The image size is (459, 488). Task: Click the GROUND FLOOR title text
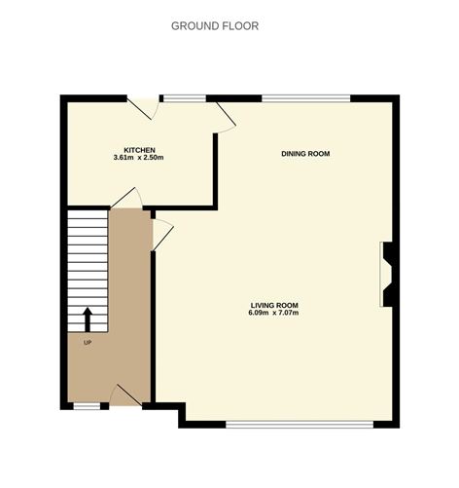pyautogui.click(x=215, y=26)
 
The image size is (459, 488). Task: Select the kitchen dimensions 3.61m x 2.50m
pyautogui.click(x=138, y=158)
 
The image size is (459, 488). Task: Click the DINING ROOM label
pyautogui.click(x=305, y=154)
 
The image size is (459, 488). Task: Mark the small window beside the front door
pyautogui.click(x=88, y=405)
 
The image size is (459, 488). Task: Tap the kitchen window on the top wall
pyautogui.click(x=183, y=97)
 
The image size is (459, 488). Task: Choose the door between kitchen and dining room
pyautogui.click(x=225, y=118)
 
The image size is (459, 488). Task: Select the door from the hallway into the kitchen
pyautogui.click(x=127, y=199)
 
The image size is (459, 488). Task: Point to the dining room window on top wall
pyautogui.click(x=305, y=97)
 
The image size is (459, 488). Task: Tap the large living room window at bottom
pyautogui.click(x=299, y=424)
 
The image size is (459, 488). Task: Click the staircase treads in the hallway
pyautogui.click(x=87, y=258)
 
